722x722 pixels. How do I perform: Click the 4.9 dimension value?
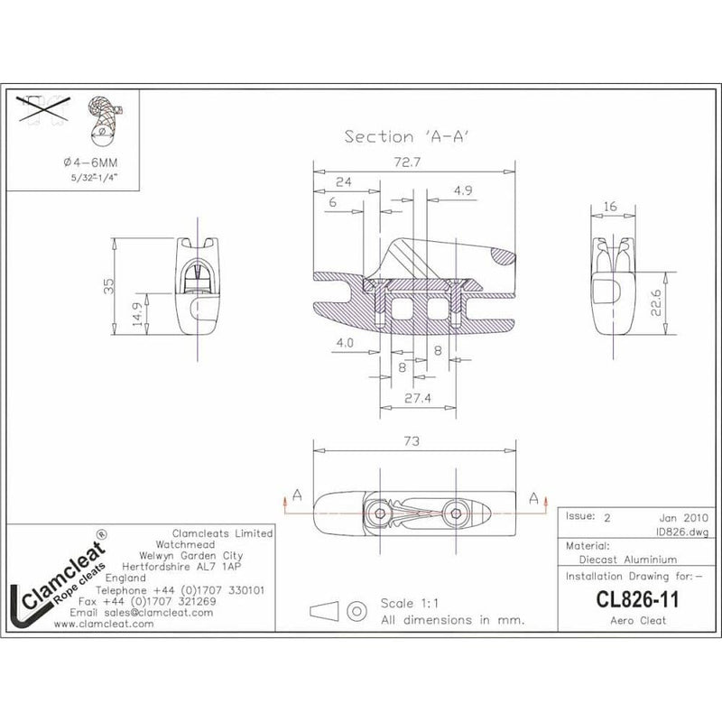pyautogui.click(x=464, y=190)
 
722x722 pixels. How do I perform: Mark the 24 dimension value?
pyautogui.click(x=342, y=182)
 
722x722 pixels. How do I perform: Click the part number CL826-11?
pyautogui.click(x=625, y=598)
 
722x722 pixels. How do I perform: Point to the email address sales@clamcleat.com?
pyautogui.click(x=143, y=612)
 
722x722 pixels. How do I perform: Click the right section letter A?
pyautogui.click(x=534, y=497)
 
